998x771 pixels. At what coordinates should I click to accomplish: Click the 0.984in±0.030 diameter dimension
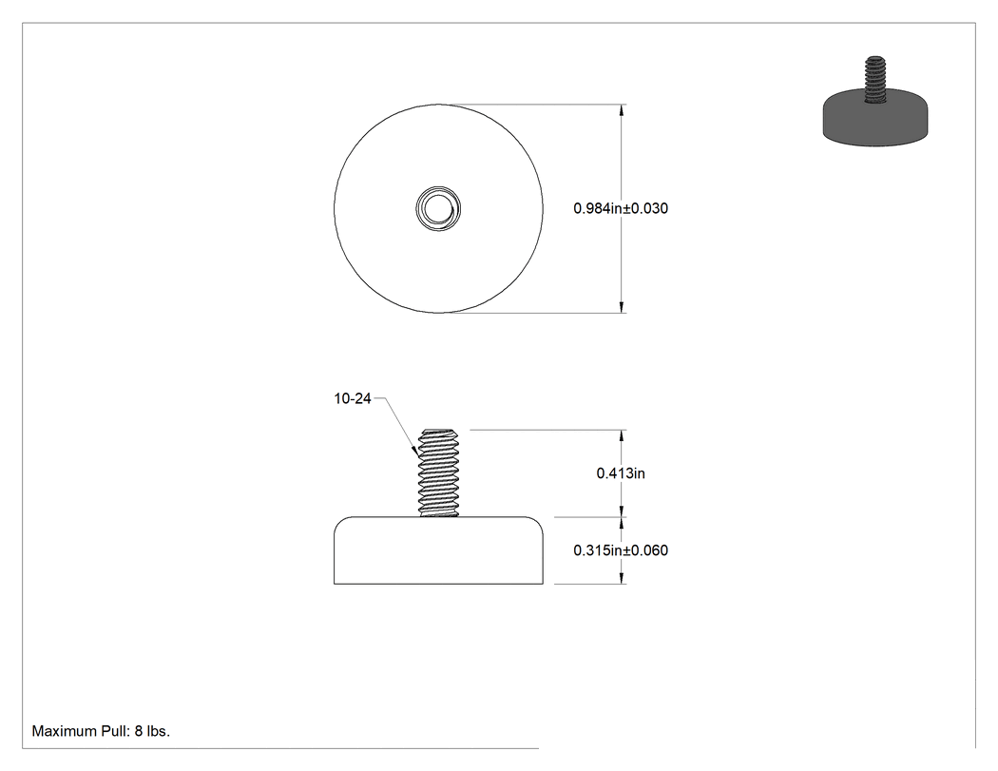tap(621, 208)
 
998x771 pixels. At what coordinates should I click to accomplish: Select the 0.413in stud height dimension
tap(621, 473)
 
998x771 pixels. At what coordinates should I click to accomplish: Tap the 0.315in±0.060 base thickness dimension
tap(621, 550)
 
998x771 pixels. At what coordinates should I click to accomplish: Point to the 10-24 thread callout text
tap(353, 398)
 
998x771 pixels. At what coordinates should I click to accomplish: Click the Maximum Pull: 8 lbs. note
tap(101, 731)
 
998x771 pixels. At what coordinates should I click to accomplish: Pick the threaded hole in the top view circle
tap(438, 208)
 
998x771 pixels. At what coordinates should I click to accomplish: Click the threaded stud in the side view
tap(438, 472)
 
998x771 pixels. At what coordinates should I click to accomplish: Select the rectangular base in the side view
tap(438, 550)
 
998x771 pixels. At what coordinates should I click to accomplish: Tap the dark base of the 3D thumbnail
tap(875, 121)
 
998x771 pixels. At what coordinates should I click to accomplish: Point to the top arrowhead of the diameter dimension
tap(622, 110)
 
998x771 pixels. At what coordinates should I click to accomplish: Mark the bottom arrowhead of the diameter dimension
tap(622, 307)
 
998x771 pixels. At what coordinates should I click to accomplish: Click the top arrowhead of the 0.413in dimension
tap(622, 436)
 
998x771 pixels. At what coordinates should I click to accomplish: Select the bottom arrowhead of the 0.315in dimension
tap(622, 577)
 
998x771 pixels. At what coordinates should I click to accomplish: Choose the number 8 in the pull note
tap(138, 731)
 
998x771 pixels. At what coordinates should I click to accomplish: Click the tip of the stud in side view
tap(438, 429)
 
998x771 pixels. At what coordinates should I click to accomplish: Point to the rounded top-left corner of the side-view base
tap(340, 522)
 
